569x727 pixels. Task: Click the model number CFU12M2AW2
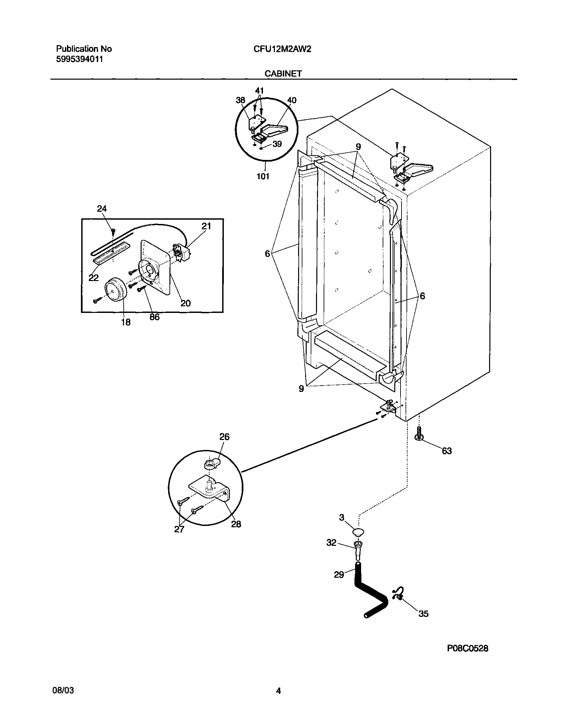tap(282, 49)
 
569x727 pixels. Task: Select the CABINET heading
tap(283, 74)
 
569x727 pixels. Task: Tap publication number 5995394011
tap(79, 60)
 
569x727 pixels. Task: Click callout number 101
tap(263, 176)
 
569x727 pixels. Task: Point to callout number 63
tap(447, 451)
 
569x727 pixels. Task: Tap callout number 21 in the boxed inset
tap(206, 226)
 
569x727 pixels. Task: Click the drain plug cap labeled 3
tap(358, 531)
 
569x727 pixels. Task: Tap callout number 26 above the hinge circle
tap(224, 437)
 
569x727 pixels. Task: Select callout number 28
tap(236, 524)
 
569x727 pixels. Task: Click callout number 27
tap(179, 529)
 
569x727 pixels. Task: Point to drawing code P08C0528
tap(468, 648)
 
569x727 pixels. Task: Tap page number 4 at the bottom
tap(279, 691)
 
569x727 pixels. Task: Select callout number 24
tap(101, 209)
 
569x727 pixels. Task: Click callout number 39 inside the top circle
tap(277, 144)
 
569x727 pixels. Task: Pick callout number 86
tap(154, 317)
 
